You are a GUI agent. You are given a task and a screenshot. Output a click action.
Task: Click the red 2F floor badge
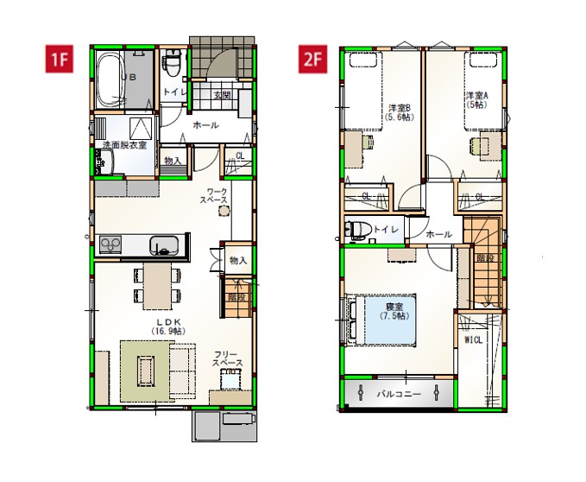(312, 60)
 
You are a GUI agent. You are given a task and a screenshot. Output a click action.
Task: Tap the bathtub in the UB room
(110, 77)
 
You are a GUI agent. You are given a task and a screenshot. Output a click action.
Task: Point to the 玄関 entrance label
(222, 95)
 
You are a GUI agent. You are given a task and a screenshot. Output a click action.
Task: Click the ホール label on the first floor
(205, 125)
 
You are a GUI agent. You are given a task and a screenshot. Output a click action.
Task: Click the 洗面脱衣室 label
(124, 144)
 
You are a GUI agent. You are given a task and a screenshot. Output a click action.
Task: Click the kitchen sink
(164, 245)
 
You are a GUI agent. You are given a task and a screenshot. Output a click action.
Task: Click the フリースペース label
(228, 358)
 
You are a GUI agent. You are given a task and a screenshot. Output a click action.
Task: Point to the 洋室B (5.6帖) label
(400, 112)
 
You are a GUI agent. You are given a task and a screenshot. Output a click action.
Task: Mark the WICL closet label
(474, 340)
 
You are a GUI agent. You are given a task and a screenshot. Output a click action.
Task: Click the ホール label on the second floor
(438, 233)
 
